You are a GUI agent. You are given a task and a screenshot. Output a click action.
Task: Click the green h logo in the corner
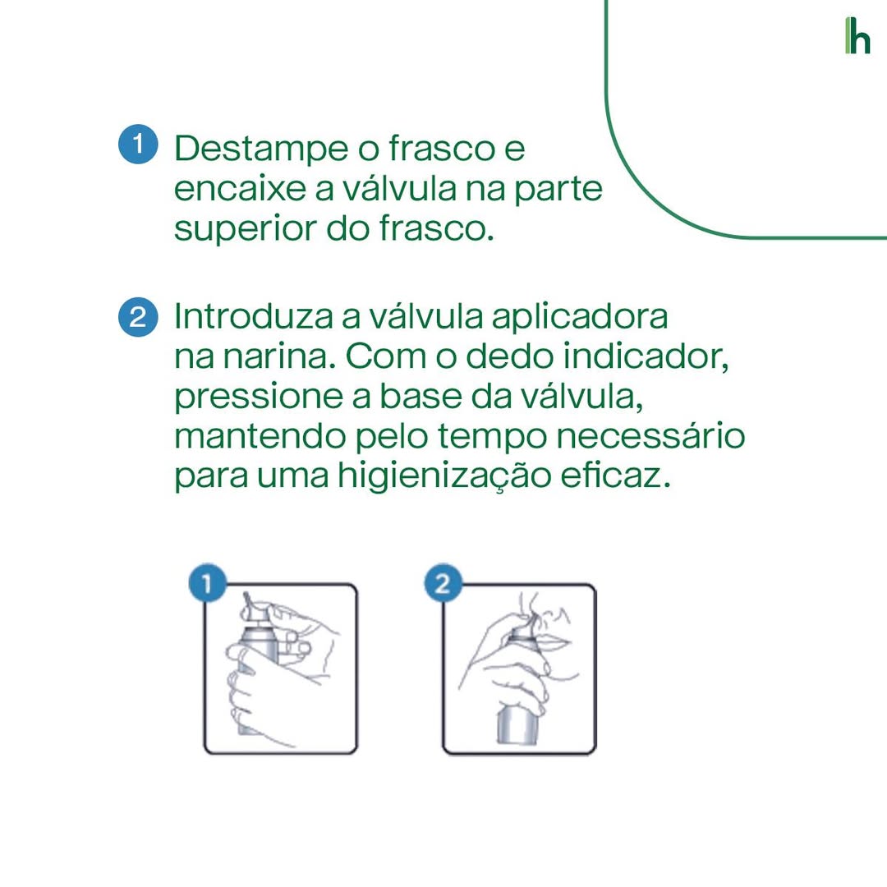pyautogui.click(x=857, y=35)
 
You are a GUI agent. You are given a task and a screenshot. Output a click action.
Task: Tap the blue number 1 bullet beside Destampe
pyautogui.click(x=138, y=145)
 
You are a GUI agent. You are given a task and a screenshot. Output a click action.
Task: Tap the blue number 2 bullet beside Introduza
pyautogui.click(x=138, y=317)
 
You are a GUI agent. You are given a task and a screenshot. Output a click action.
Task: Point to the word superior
pyautogui.click(x=246, y=231)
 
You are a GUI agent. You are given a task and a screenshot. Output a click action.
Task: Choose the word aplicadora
pyautogui.click(x=580, y=318)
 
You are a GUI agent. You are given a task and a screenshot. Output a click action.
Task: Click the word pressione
pyautogui.click(x=259, y=398)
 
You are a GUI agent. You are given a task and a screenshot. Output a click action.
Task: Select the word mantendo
pyautogui.click(x=260, y=436)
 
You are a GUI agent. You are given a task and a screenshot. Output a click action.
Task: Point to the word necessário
pyautogui.click(x=650, y=436)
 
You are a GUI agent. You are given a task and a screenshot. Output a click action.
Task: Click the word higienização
pyautogui.click(x=444, y=476)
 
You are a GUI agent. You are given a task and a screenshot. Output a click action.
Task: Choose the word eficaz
pyautogui.click(x=615, y=476)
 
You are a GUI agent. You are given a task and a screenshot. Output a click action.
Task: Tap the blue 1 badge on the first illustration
pyautogui.click(x=207, y=582)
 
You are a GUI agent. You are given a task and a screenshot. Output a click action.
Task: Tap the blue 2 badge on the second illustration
pyautogui.click(x=443, y=582)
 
